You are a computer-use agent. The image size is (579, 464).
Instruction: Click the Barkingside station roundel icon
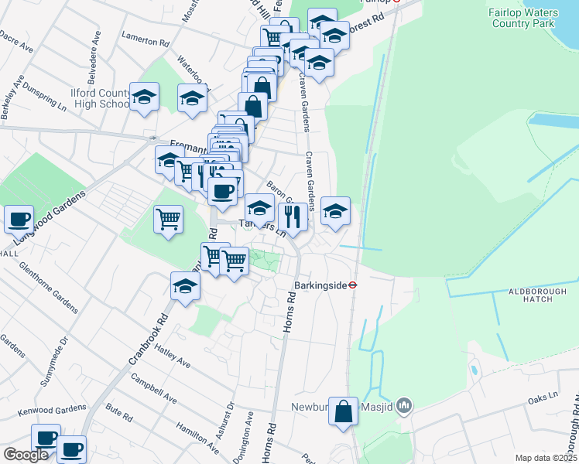[352, 284]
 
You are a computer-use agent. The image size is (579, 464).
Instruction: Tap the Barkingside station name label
[321, 285]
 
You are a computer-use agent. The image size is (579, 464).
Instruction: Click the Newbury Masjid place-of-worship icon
[403, 405]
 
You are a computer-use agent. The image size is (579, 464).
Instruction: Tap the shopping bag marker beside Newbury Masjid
[343, 412]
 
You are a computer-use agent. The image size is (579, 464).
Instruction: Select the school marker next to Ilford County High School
[144, 97]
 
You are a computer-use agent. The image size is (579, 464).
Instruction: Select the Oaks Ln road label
[542, 397]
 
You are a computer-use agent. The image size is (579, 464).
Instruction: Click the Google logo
[26, 455]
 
